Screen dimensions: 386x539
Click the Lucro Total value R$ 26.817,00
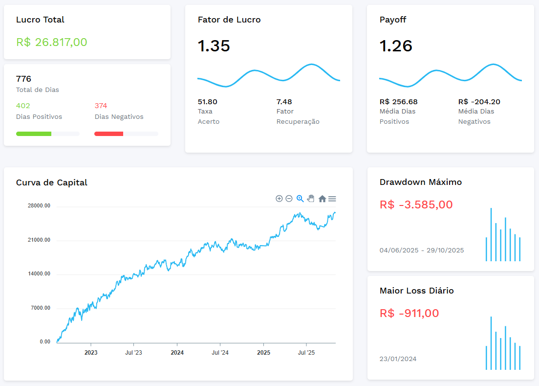pyautogui.click(x=52, y=42)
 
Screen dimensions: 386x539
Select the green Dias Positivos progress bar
pyautogui.click(x=34, y=134)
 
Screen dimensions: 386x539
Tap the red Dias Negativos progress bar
pyautogui.click(x=108, y=134)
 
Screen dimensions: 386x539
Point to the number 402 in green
pyautogui.click(x=23, y=106)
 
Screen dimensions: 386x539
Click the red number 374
pyautogui.click(x=101, y=106)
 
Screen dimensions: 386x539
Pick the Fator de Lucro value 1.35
pyautogui.click(x=214, y=46)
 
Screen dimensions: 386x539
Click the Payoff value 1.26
pyautogui.click(x=396, y=46)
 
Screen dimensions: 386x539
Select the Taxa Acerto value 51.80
pyautogui.click(x=207, y=102)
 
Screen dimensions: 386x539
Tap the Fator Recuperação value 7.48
pyautogui.click(x=284, y=102)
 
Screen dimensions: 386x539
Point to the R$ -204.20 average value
pyautogui.click(x=479, y=102)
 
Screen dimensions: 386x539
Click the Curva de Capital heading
pyautogui.click(x=52, y=182)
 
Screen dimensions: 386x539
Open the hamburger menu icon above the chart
pyautogui.click(x=332, y=199)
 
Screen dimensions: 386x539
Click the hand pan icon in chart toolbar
pyautogui.click(x=311, y=199)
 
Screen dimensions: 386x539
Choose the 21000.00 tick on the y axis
pyautogui.click(x=39, y=240)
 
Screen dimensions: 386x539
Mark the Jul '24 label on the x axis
pyautogui.click(x=220, y=352)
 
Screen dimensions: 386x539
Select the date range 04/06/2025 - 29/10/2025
pyautogui.click(x=422, y=250)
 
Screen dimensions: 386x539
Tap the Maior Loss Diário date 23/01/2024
pyautogui.click(x=398, y=359)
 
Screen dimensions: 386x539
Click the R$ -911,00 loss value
pyautogui.click(x=409, y=313)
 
